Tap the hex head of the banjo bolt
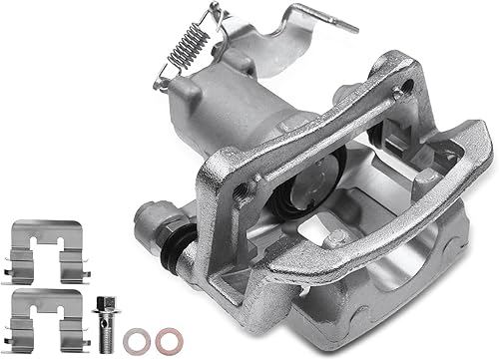click(x=105, y=300)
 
